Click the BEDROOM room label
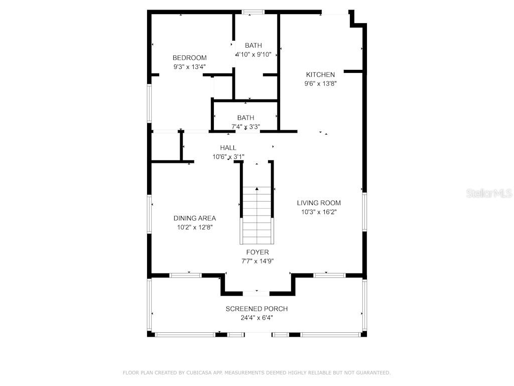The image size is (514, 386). [189, 58]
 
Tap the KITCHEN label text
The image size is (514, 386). [320, 75]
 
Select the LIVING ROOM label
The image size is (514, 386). [319, 203]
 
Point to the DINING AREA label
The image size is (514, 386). [195, 218]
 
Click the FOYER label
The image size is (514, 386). [257, 252]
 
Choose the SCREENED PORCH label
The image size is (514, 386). [256, 309]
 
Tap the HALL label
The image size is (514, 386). [228, 148]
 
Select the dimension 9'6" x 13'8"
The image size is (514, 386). [320, 84]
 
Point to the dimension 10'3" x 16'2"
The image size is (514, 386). [319, 212]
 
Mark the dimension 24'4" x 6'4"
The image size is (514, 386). [256, 318]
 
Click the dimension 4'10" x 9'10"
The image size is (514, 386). [253, 54]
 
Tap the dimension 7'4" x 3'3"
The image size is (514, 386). [245, 127]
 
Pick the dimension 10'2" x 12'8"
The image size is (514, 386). [195, 227]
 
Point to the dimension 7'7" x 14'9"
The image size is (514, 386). [257, 261]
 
